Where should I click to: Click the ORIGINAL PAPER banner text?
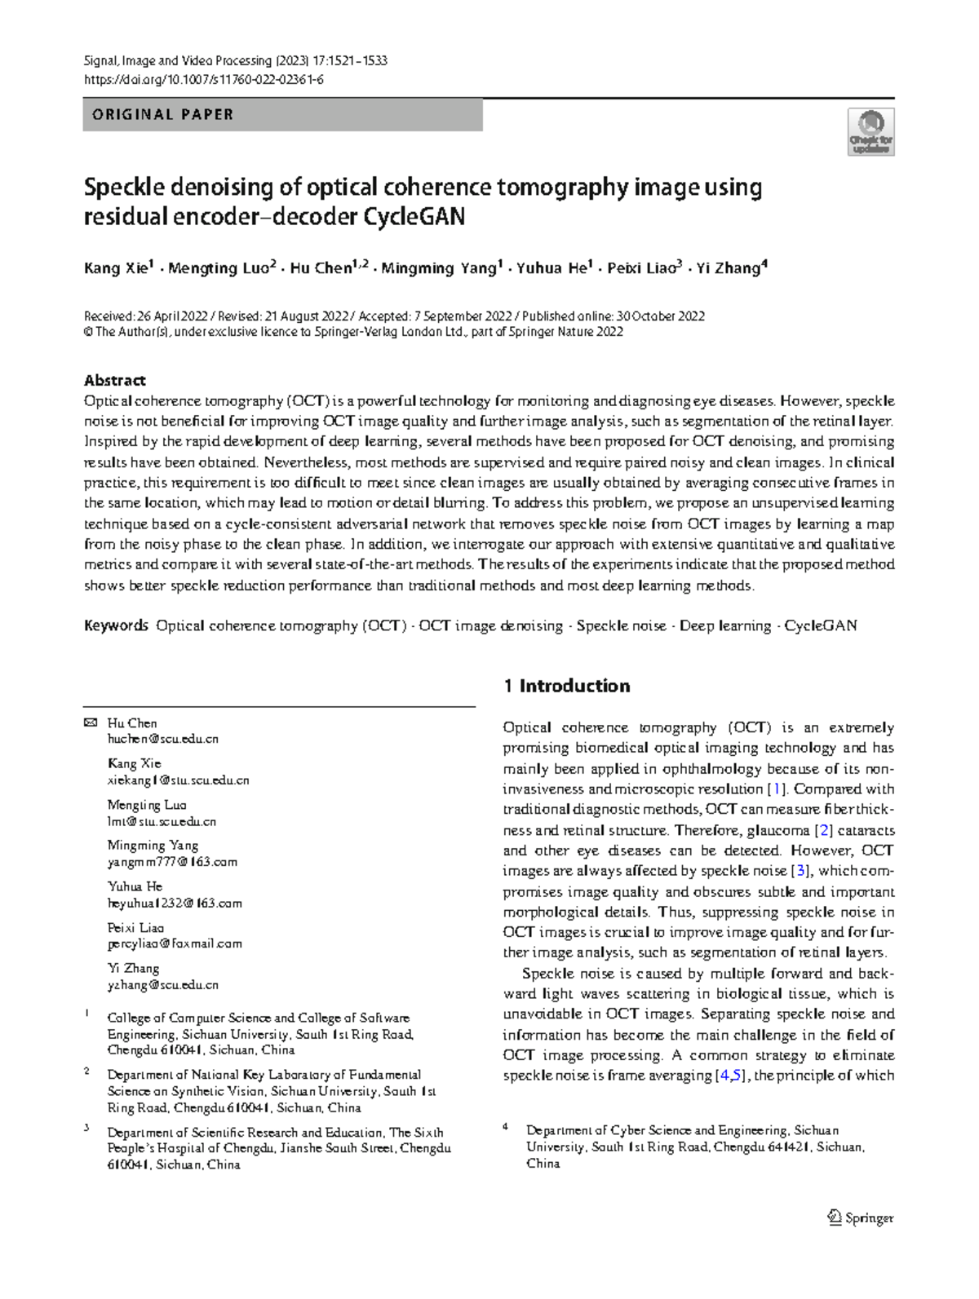pos(163,115)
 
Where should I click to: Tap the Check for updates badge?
pos(870,132)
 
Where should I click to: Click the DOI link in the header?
pos(204,79)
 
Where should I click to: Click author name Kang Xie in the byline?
pos(115,268)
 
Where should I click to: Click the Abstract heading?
pos(114,380)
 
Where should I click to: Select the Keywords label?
pos(116,625)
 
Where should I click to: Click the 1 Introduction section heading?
pos(567,686)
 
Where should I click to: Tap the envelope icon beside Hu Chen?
pos(91,722)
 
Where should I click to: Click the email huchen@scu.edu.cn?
pos(163,739)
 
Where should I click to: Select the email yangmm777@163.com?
pos(172,861)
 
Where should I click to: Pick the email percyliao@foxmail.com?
pos(175,943)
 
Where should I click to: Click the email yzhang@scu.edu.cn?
pos(163,984)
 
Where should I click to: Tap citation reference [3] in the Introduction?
pos(800,871)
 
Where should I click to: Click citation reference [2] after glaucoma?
pos(824,830)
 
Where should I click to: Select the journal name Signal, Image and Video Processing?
pos(178,60)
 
